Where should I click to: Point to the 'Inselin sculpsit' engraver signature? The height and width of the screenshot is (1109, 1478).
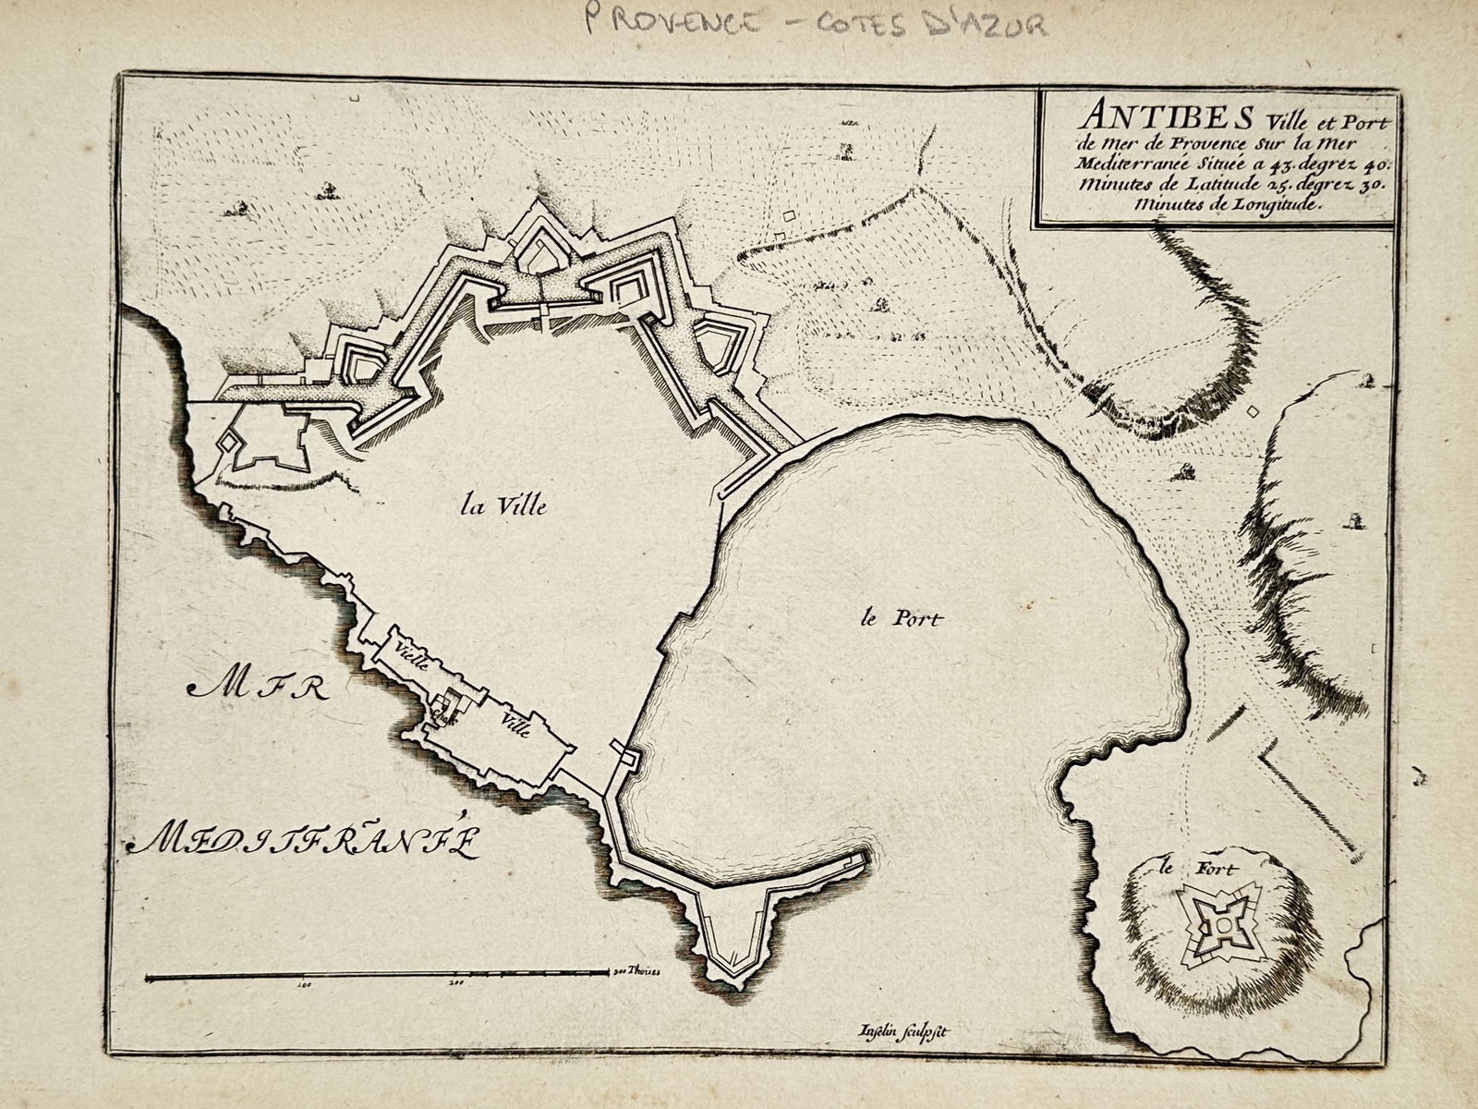(897, 1033)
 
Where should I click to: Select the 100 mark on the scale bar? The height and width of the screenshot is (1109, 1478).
(303, 985)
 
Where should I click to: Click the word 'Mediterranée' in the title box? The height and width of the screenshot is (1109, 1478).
(1149, 163)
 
